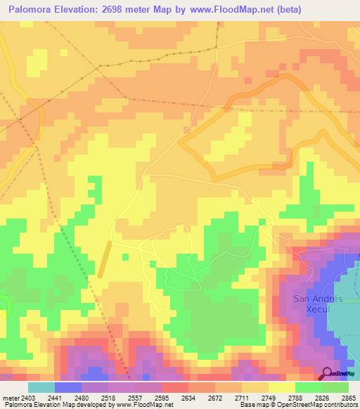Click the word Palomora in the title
coord(28,8)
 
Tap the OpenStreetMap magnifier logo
coord(327,373)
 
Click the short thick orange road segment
coord(105,259)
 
